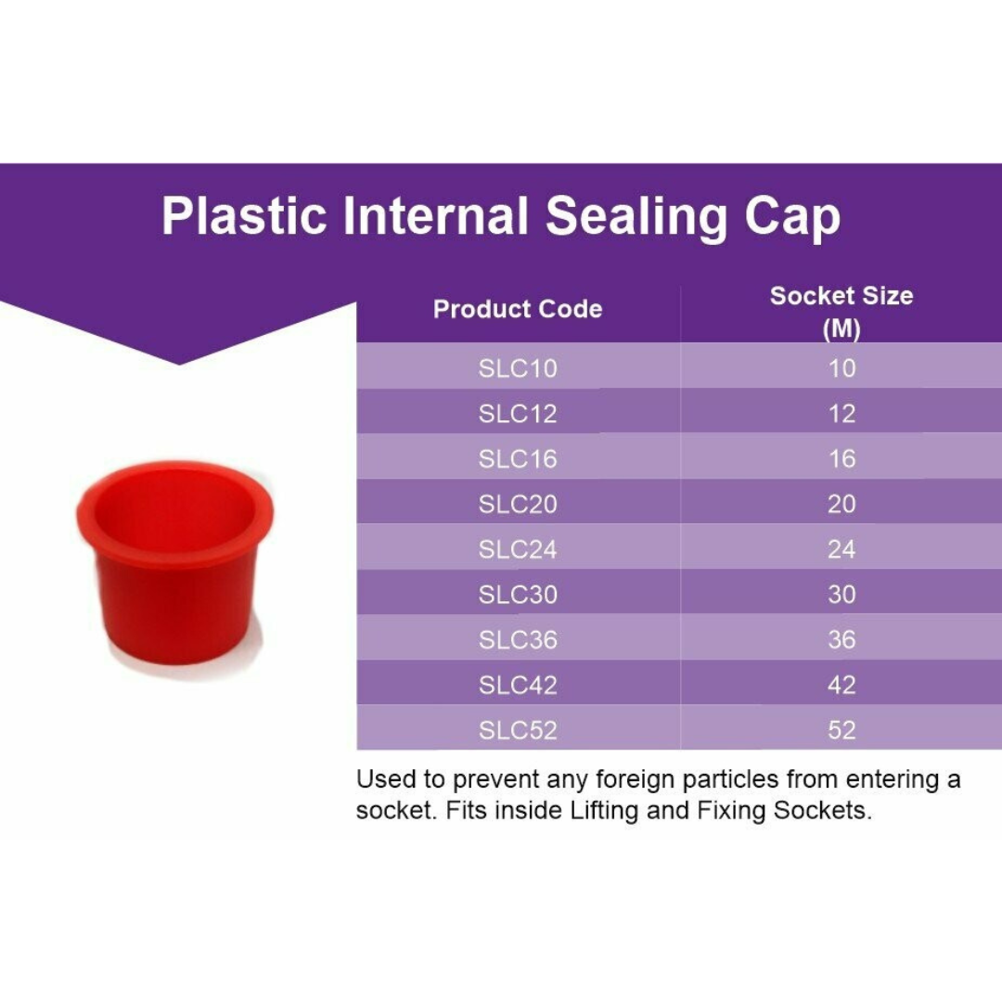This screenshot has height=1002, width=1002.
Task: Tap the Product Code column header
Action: [x=518, y=309]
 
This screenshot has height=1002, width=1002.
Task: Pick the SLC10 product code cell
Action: [x=518, y=368]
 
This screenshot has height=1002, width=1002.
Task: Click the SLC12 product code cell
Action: [x=518, y=414]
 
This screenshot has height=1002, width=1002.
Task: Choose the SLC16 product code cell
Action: [x=518, y=458]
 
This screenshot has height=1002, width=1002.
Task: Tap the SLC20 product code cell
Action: [x=518, y=504]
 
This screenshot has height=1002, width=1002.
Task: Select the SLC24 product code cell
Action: [x=518, y=549]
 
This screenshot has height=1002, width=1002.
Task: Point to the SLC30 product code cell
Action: [x=518, y=595]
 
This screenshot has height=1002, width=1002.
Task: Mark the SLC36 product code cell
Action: [x=518, y=640]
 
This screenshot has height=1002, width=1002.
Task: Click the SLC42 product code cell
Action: [x=518, y=686]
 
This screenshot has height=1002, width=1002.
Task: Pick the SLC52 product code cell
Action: [x=518, y=730]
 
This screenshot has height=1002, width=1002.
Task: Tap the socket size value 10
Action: [x=841, y=368]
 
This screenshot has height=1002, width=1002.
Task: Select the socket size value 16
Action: [x=841, y=458]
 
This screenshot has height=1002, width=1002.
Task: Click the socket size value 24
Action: [x=841, y=549]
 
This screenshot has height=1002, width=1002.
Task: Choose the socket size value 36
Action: [x=841, y=640]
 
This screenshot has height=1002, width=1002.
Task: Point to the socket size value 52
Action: [x=841, y=730]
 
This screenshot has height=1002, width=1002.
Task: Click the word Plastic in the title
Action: [x=244, y=216]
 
